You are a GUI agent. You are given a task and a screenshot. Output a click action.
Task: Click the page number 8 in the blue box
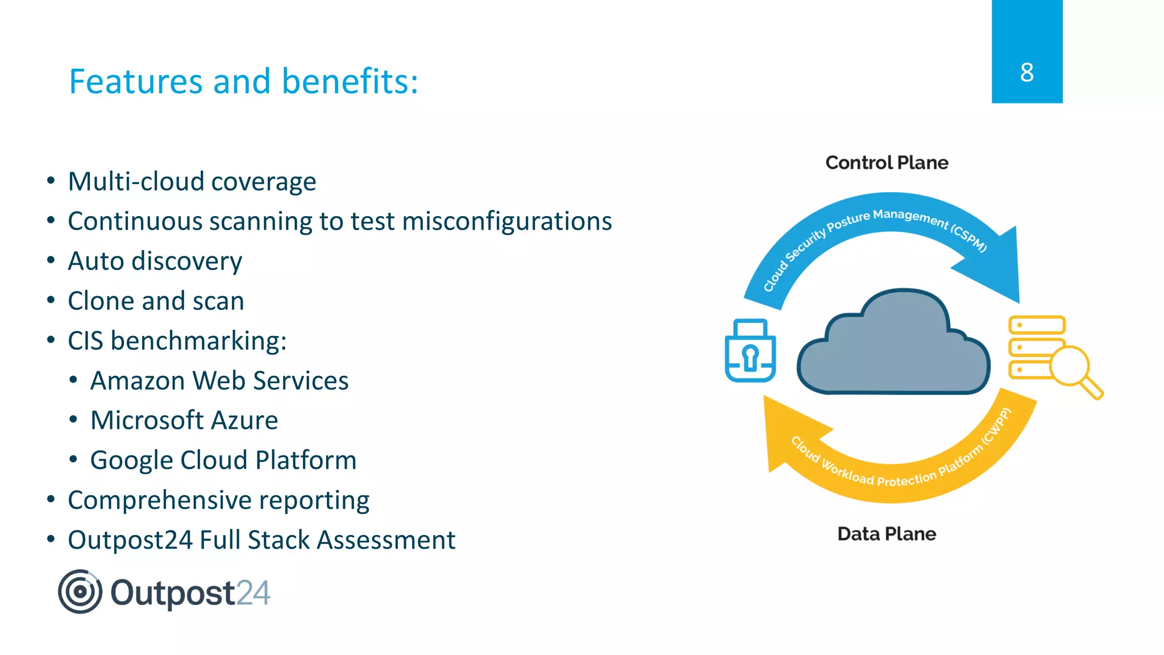[x=1026, y=73]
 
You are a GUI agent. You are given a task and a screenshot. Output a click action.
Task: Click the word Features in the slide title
[x=135, y=81]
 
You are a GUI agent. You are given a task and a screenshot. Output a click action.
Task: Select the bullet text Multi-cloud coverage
[x=192, y=182]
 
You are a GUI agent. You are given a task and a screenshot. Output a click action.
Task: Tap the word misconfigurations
[x=507, y=222]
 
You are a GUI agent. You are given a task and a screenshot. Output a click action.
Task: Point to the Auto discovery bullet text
[x=155, y=262]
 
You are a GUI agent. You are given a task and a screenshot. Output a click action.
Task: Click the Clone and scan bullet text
[x=156, y=301]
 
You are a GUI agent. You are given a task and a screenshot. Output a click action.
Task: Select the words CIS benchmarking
[x=176, y=341]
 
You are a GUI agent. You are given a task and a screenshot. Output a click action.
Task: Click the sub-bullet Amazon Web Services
[x=219, y=381]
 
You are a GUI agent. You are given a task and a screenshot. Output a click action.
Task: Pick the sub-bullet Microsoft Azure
[x=184, y=421]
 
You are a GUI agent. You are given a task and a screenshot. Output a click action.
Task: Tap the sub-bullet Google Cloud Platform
[x=223, y=461]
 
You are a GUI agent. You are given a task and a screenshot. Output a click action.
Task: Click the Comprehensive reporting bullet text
[x=218, y=500]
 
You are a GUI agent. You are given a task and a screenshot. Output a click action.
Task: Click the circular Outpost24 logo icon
[x=80, y=592]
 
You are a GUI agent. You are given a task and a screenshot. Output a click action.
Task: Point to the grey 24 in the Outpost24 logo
[x=253, y=594]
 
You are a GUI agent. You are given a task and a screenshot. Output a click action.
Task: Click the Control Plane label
[x=887, y=163]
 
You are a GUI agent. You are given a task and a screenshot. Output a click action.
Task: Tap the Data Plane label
[x=887, y=534]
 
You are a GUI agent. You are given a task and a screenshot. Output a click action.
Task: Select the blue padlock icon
[x=750, y=351]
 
